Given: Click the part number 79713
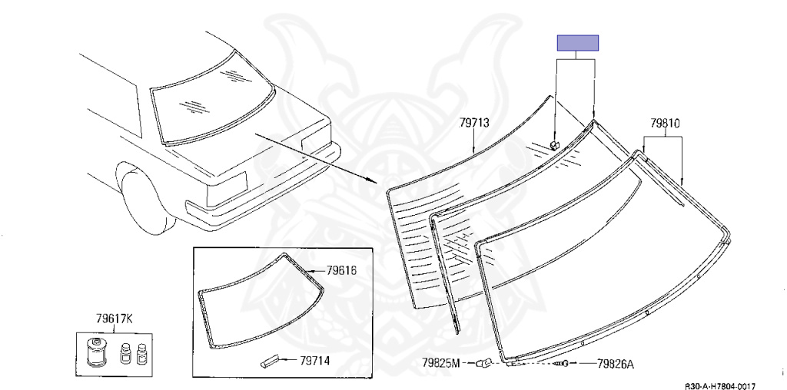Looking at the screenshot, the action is [474, 123].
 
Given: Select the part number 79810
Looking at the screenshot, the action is [665, 123].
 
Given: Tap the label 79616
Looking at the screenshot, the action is [341, 271].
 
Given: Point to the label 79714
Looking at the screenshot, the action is [314, 360].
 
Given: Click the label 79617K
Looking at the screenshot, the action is [114, 319].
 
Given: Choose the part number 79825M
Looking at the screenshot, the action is [440, 362].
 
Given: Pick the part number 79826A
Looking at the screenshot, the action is [616, 364].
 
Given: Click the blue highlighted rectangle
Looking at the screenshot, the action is [578, 43].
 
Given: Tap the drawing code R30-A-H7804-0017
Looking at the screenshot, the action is [720, 386].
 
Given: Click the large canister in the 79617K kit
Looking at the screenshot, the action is [95, 352].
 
